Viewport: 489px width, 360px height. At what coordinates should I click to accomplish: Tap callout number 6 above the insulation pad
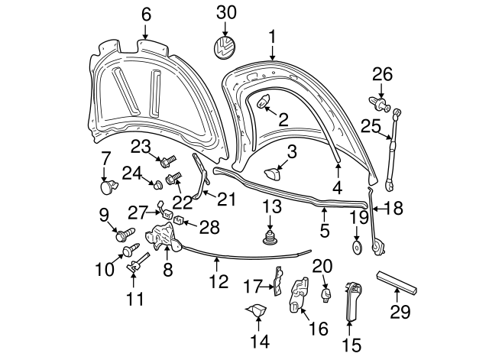click(x=146, y=14)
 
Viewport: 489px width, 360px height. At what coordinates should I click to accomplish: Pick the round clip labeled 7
click(x=108, y=184)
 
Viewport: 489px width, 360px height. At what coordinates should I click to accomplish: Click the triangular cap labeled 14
click(x=256, y=311)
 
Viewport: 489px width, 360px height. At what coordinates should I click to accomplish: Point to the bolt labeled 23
click(x=166, y=161)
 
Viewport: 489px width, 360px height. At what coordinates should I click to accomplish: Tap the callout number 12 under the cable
click(x=219, y=282)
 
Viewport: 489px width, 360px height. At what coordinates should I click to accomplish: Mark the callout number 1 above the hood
click(x=271, y=35)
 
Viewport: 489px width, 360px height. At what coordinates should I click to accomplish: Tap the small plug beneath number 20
click(x=325, y=294)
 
